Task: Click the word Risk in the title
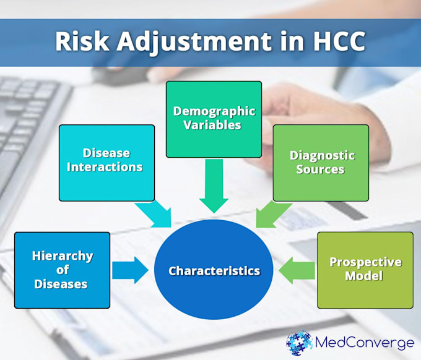[82, 41]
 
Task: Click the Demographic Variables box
[214, 119]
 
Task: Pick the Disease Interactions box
[107, 163]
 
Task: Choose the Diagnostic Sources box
[321, 163]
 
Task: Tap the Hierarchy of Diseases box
[63, 270]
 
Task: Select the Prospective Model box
[365, 270]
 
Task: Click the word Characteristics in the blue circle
[214, 271]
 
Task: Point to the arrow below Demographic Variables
[214, 186]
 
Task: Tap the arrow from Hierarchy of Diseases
[130, 270]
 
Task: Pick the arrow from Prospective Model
[297, 270]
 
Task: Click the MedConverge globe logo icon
[299, 343]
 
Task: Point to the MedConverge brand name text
[364, 343]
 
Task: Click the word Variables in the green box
[212, 126]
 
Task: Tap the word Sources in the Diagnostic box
[320, 169]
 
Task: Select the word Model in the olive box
[364, 276]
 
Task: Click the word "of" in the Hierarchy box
[63, 270]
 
